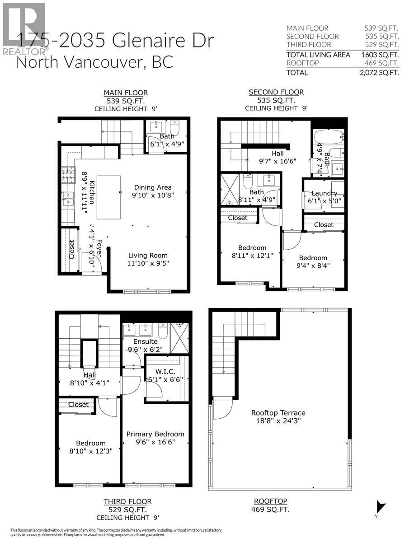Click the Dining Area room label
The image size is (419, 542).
point(152,187)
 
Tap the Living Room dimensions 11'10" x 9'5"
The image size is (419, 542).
point(149,263)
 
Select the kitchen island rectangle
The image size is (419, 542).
point(108,197)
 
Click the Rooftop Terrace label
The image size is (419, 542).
point(278,412)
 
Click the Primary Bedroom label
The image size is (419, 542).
point(155,434)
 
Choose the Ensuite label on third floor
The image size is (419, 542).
point(145,341)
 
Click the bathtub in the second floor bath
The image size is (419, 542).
point(328,137)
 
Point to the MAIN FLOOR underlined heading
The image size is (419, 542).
point(125,93)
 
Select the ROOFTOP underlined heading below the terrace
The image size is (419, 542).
point(271,501)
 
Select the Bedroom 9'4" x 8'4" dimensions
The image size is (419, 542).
point(313,266)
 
